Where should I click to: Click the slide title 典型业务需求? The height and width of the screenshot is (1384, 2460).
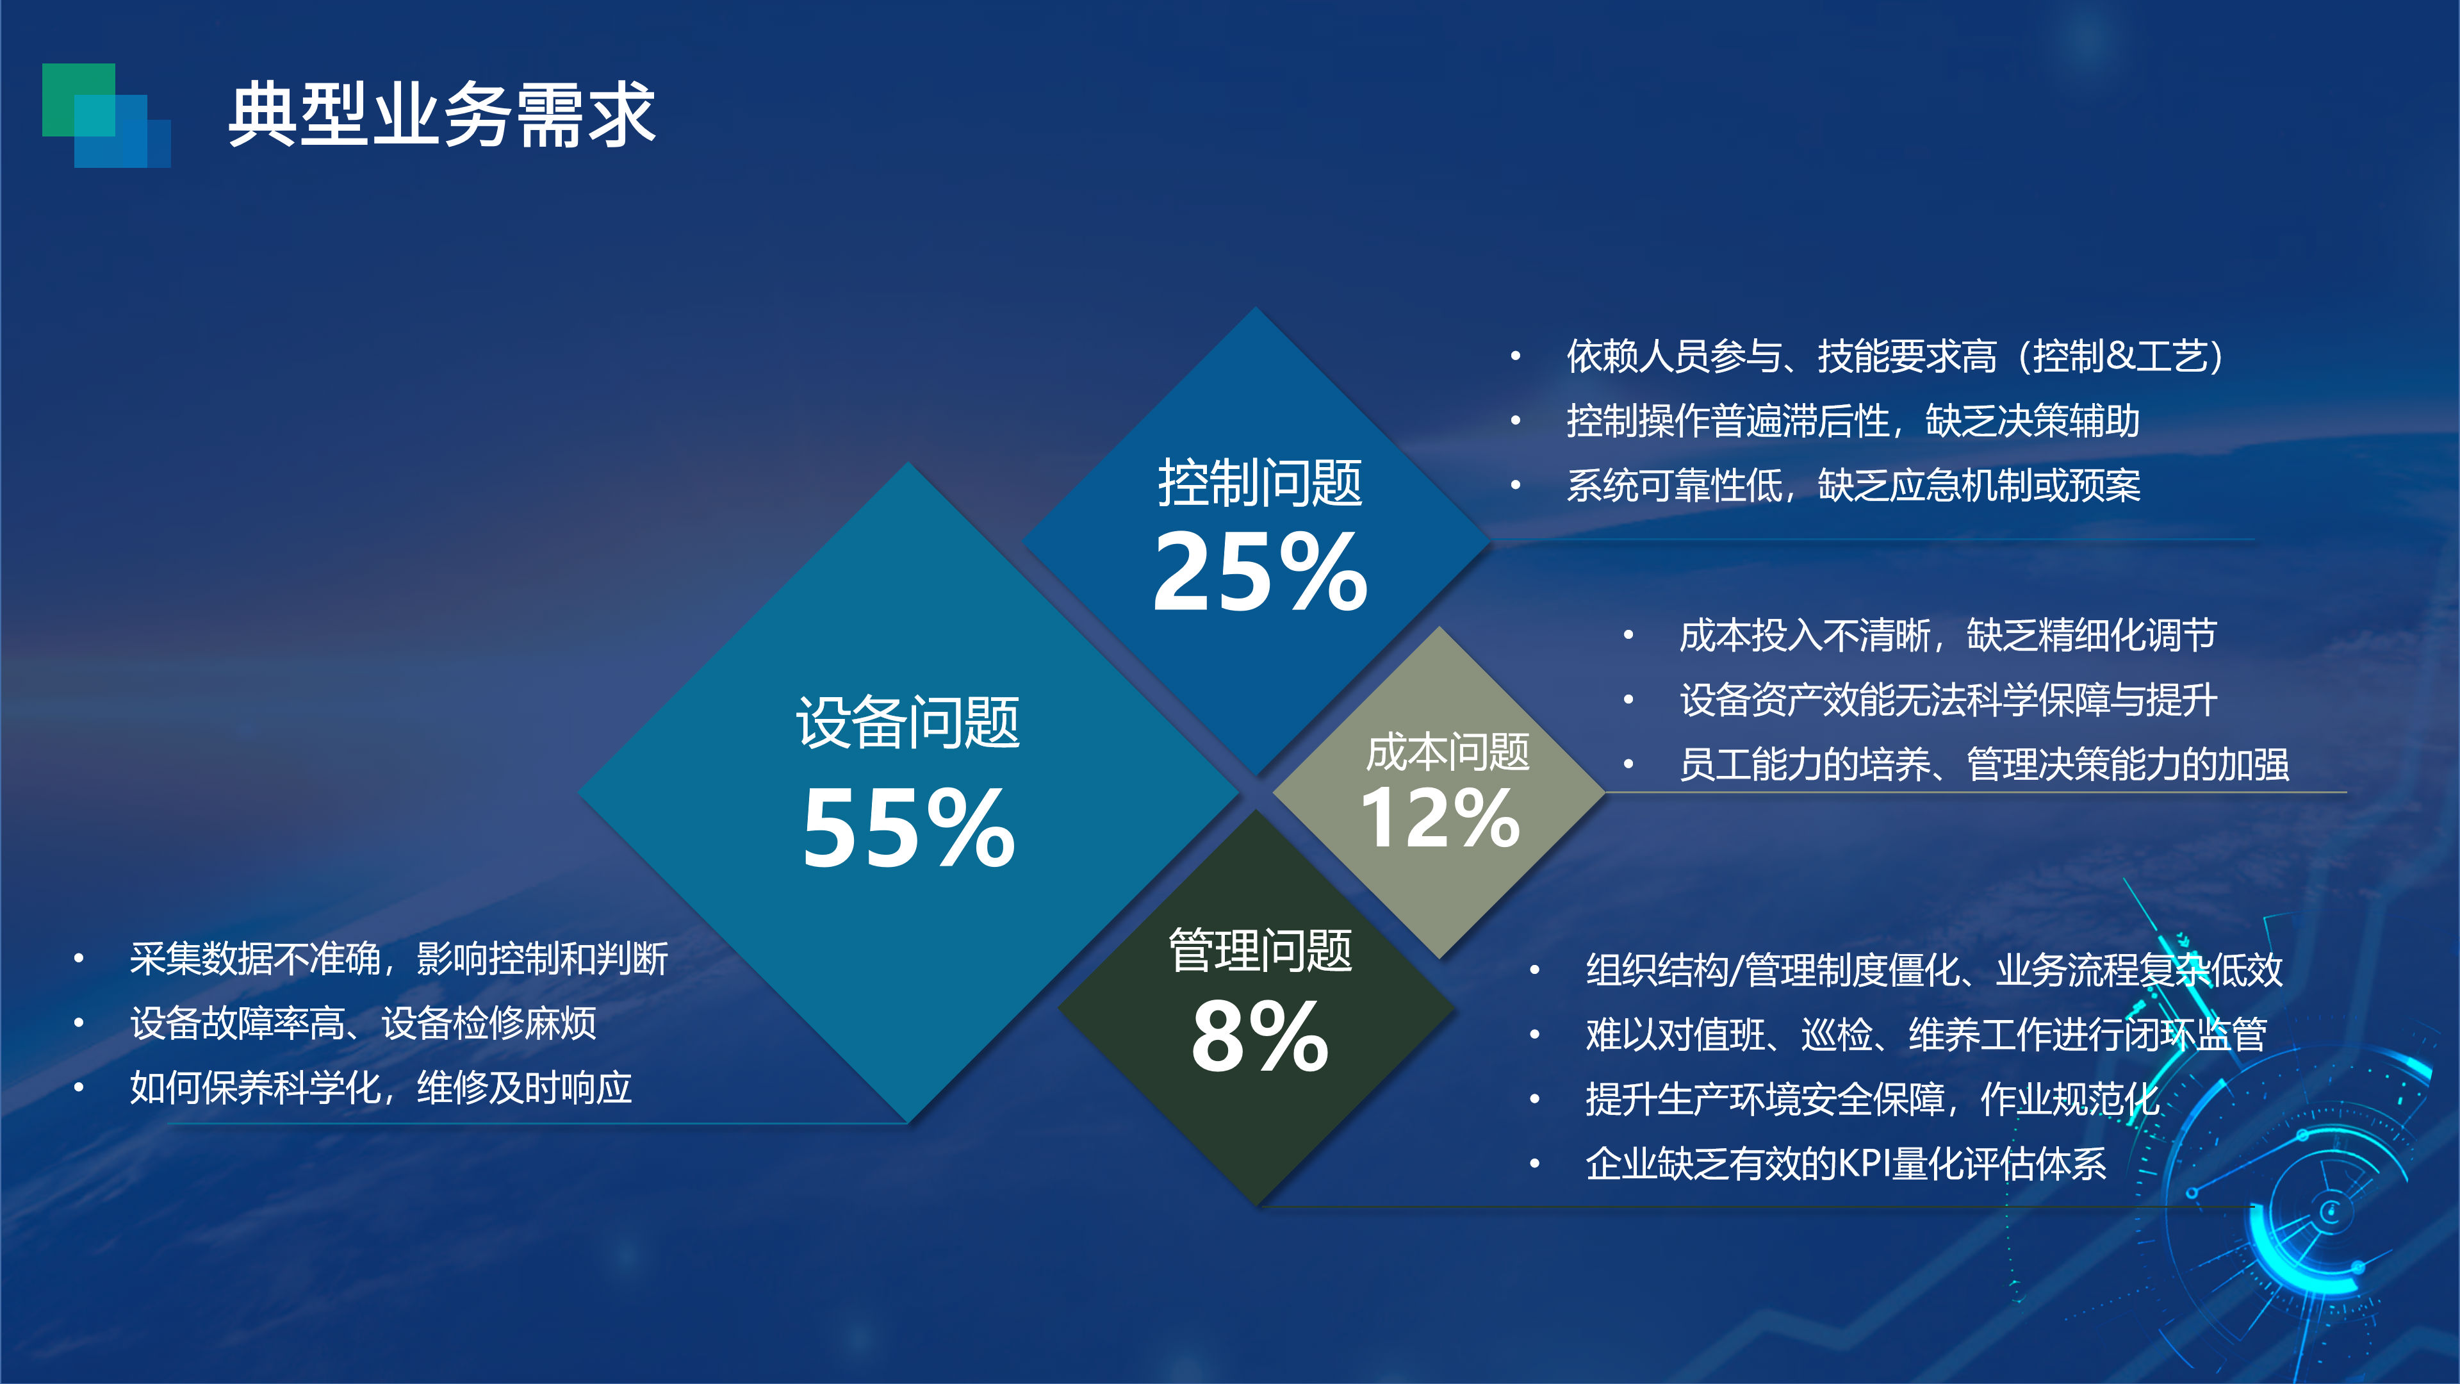coord(441,115)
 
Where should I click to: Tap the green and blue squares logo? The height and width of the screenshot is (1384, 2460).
coord(106,115)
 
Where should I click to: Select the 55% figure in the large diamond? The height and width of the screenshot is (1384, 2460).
coord(908,827)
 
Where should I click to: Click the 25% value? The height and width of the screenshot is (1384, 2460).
coord(1261,571)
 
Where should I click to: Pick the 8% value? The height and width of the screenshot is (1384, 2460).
coord(1261,1035)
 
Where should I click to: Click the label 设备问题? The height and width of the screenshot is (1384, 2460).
coord(908,722)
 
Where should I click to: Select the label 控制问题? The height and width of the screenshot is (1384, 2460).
coord(1261,482)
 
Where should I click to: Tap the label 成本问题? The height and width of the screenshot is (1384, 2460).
coord(1448,753)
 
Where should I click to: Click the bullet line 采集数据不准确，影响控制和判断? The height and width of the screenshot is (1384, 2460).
coord(399,959)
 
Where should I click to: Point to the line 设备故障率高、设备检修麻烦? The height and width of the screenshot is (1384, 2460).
coord(363,1023)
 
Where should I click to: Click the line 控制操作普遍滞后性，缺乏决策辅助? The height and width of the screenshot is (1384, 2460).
coord(1853,421)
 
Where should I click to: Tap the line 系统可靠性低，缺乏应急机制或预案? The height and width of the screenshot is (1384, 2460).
coord(1853,485)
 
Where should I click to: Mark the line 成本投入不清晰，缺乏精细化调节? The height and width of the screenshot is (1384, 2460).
coord(1947,635)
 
